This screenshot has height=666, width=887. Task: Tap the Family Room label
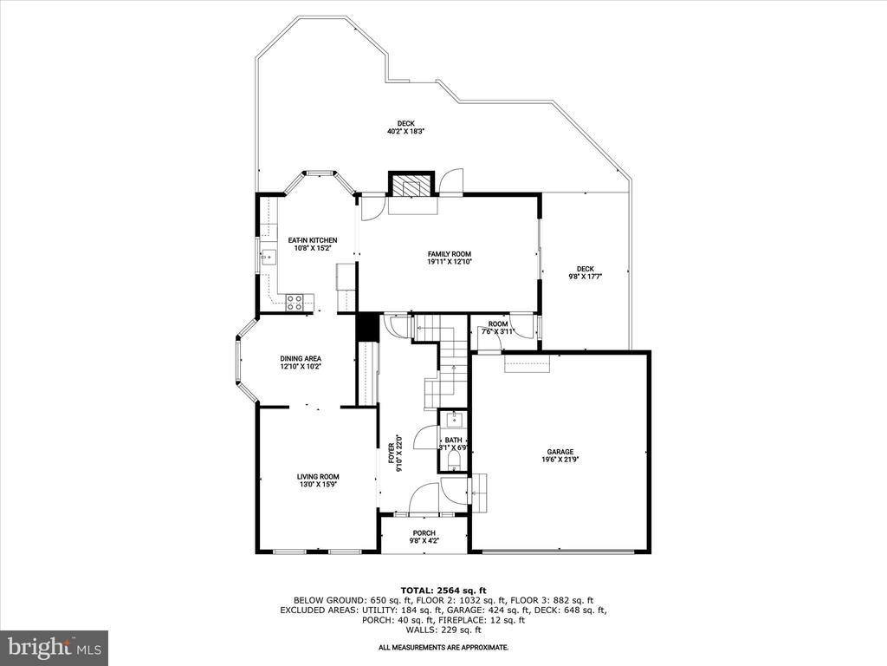(x=449, y=253)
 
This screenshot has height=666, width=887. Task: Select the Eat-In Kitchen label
(x=313, y=240)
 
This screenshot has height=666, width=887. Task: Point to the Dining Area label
(x=301, y=359)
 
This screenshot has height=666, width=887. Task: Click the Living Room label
(x=318, y=476)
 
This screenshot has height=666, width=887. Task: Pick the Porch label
(x=424, y=533)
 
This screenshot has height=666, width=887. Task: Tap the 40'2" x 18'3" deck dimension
(x=405, y=132)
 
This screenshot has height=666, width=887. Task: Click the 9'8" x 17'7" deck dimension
(x=585, y=277)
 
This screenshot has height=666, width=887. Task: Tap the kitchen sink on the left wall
(x=267, y=256)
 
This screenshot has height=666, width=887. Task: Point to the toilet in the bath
(x=454, y=454)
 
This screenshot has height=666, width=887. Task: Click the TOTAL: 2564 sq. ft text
(x=443, y=590)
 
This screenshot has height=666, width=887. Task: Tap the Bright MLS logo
(x=54, y=647)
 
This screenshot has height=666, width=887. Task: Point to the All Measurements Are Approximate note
(x=443, y=647)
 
